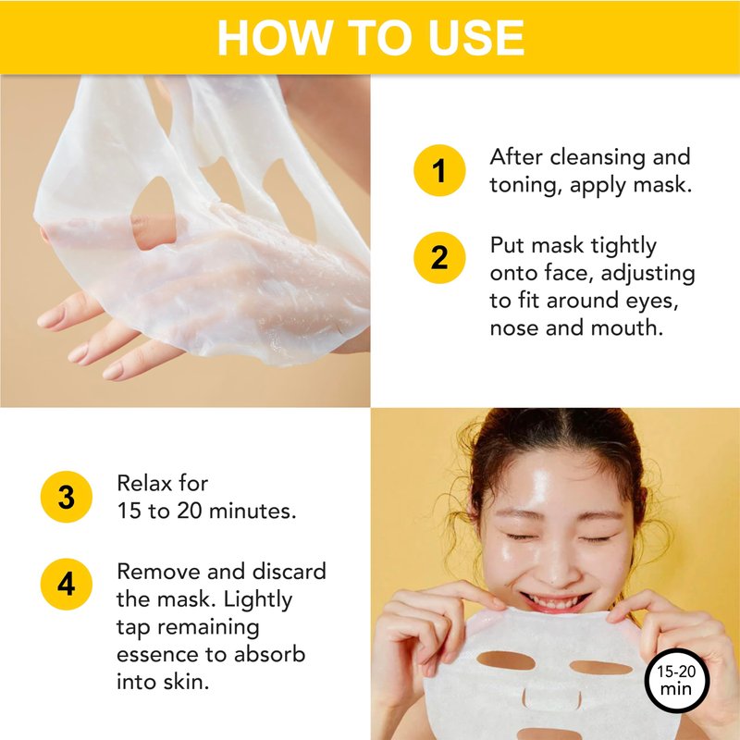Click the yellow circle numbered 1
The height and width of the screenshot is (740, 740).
tap(439, 170)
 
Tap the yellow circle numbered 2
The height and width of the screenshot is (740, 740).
tap(439, 258)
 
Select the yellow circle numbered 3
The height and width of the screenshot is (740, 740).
tap(67, 497)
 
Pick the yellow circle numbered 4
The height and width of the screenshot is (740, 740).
tap(67, 585)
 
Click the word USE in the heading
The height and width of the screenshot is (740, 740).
tap(476, 38)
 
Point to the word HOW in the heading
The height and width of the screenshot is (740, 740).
tap(275, 38)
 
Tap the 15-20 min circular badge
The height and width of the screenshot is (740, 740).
tap(677, 680)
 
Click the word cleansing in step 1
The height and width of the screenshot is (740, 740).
tap(598, 157)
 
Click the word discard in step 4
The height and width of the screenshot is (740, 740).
tap(290, 571)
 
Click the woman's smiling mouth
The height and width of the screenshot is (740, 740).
tap(556, 602)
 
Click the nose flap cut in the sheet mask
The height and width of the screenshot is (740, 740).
tap(551, 698)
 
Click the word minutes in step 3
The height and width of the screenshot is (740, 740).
tap(253, 511)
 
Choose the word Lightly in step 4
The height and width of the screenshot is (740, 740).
tap(258, 600)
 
